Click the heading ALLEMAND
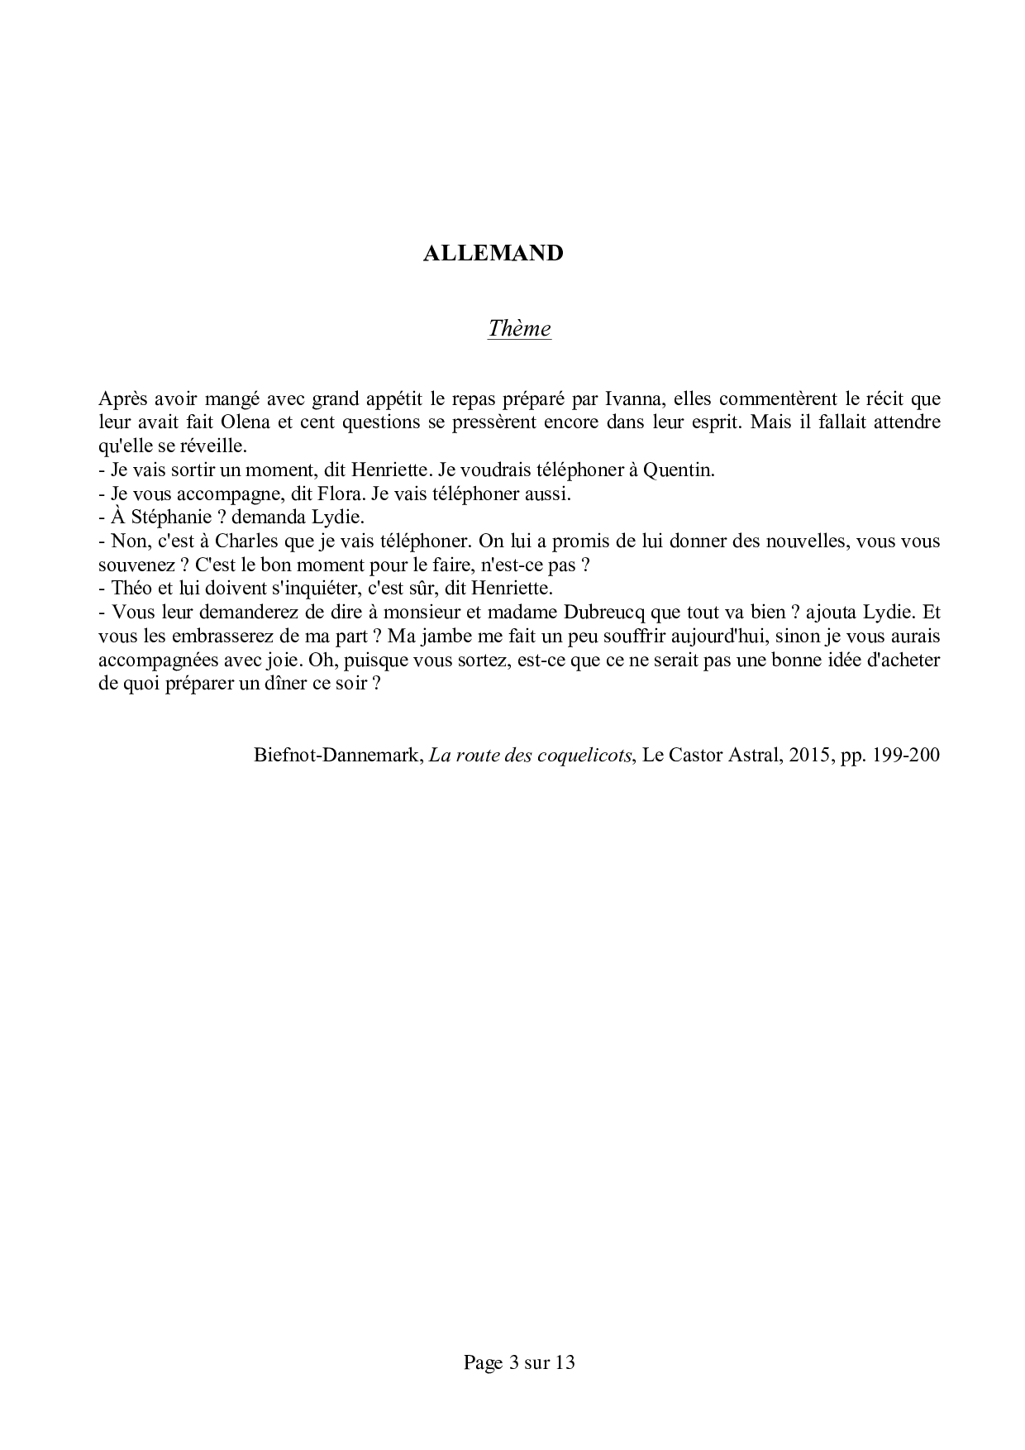tap(493, 253)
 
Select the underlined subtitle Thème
tap(519, 328)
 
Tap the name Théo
tap(130, 589)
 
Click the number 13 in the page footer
tap(565, 1362)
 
